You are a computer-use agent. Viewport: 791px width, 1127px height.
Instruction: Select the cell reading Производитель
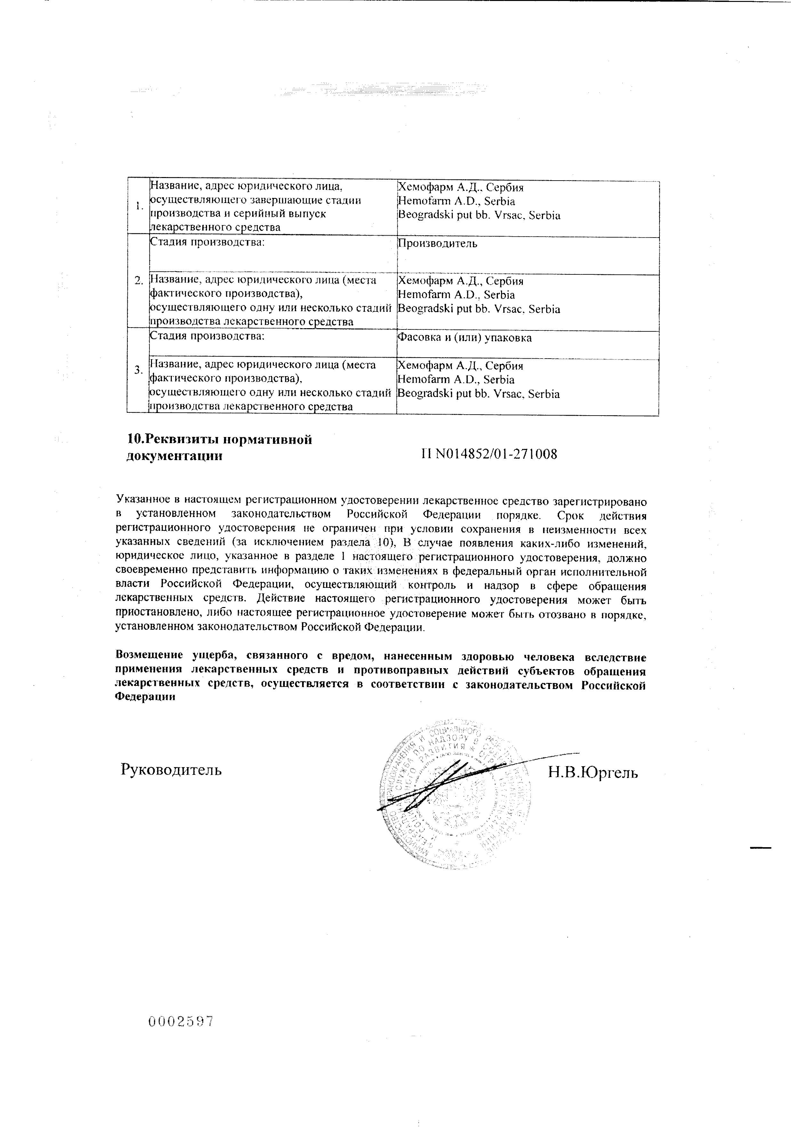(437, 243)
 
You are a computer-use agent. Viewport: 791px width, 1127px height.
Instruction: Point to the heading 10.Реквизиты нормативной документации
(219, 447)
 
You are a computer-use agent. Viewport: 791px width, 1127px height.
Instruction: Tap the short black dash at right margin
(760, 848)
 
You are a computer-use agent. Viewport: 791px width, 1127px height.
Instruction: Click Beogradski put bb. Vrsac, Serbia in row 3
(478, 394)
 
